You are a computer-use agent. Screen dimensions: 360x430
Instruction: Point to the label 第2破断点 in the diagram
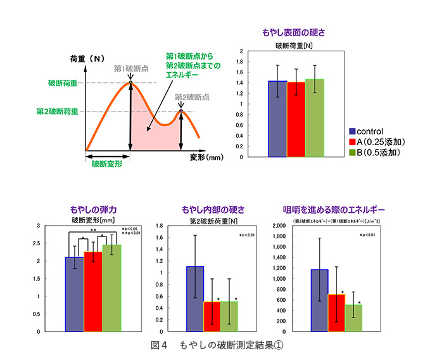(x=192, y=97)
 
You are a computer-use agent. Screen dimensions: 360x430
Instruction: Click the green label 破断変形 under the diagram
(x=106, y=163)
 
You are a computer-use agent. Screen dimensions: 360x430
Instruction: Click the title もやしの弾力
(x=94, y=209)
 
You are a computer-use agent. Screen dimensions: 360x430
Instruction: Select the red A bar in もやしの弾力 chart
(x=93, y=292)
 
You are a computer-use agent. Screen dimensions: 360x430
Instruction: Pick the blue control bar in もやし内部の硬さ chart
(x=195, y=299)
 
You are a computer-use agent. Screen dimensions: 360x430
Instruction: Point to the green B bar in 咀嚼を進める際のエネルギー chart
(x=353, y=318)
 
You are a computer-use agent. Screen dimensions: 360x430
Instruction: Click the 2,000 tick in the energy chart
(x=298, y=226)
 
